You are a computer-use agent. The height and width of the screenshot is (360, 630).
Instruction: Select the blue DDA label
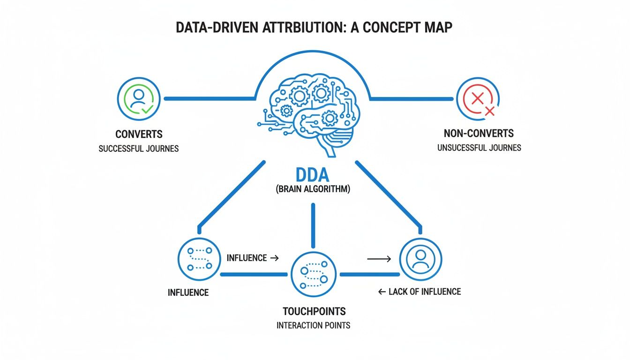313,176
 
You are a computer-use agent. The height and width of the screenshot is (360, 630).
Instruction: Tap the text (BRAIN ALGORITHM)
313,191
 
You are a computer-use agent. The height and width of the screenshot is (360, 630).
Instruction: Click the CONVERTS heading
139,134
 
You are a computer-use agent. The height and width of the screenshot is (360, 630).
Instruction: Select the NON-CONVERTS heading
480,133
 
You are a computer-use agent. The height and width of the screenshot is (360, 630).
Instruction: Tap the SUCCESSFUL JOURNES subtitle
139,149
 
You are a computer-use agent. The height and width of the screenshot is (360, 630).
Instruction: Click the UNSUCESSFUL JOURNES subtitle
479,148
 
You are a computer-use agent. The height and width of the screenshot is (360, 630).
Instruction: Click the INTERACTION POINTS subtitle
313,325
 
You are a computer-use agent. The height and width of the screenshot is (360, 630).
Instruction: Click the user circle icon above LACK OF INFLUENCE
420,259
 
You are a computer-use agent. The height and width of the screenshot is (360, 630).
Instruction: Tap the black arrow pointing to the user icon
379,258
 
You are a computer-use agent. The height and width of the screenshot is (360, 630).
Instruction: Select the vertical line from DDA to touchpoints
313,225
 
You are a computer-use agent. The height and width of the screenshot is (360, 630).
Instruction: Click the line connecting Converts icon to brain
209,98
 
